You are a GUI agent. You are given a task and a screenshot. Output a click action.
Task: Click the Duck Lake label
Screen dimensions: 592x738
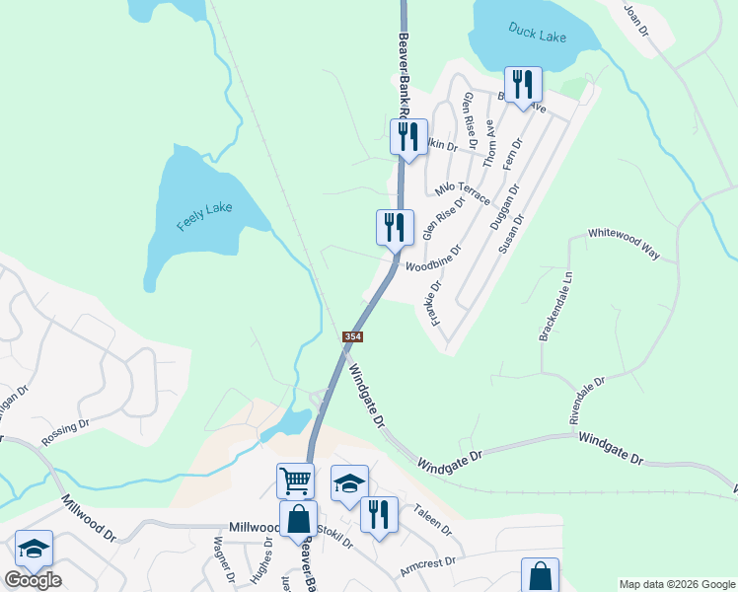(x=538, y=33)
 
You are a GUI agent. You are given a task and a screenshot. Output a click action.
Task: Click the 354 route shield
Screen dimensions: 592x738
(x=353, y=337)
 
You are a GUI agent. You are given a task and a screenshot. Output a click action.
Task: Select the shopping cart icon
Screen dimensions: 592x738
(x=295, y=481)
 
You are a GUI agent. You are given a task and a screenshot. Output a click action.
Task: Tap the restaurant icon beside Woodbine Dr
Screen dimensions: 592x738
(x=394, y=227)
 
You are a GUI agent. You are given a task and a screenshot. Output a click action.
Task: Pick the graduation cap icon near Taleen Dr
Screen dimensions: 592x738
(x=349, y=483)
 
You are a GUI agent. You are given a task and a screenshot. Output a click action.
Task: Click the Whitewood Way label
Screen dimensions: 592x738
(x=623, y=242)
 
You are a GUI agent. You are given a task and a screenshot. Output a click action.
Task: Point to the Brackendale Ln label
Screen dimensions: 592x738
(x=555, y=308)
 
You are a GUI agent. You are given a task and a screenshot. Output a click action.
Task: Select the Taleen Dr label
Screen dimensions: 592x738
(x=433, y=519)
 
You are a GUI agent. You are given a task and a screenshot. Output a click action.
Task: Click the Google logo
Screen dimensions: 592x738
(x=33, y=580)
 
